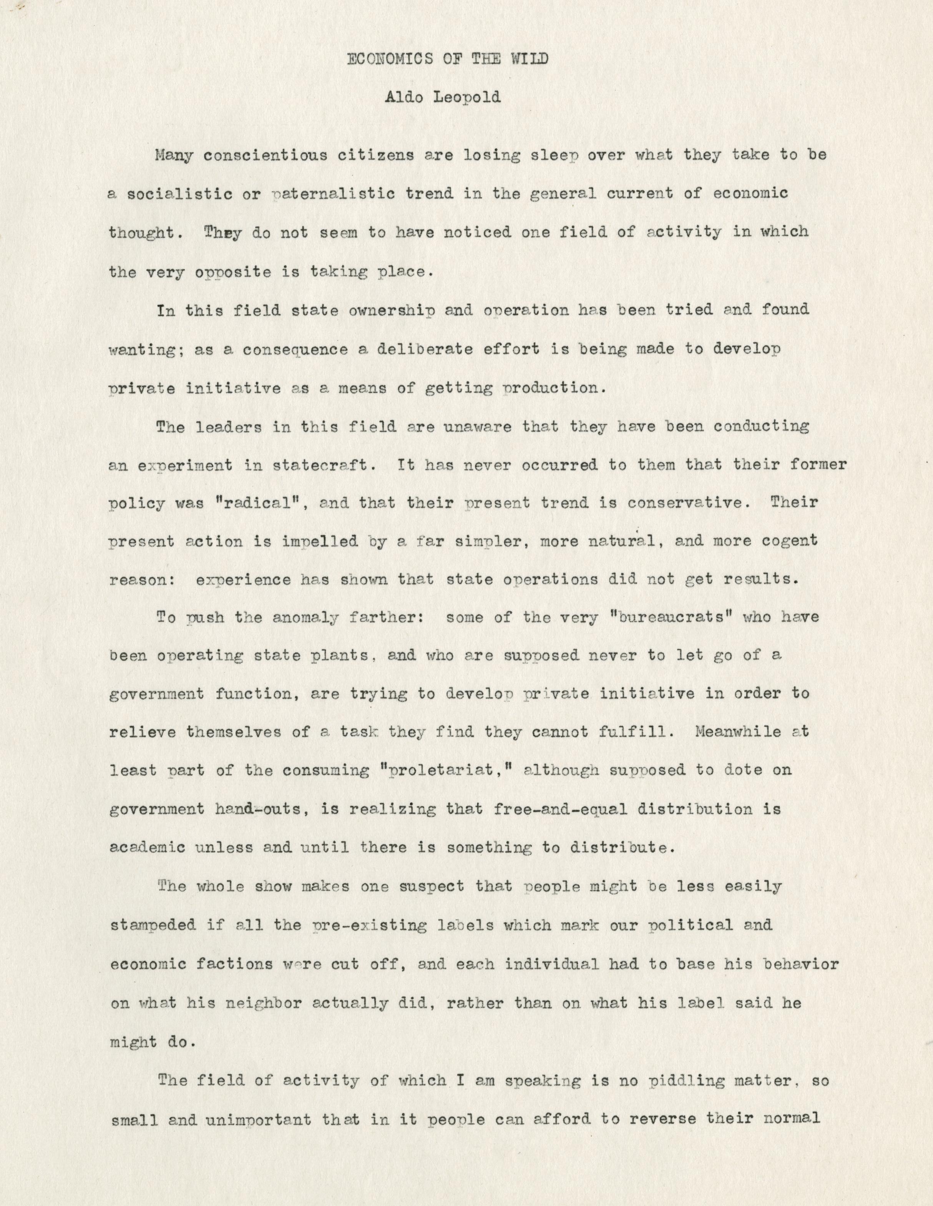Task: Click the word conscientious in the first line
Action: (262, 155)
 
